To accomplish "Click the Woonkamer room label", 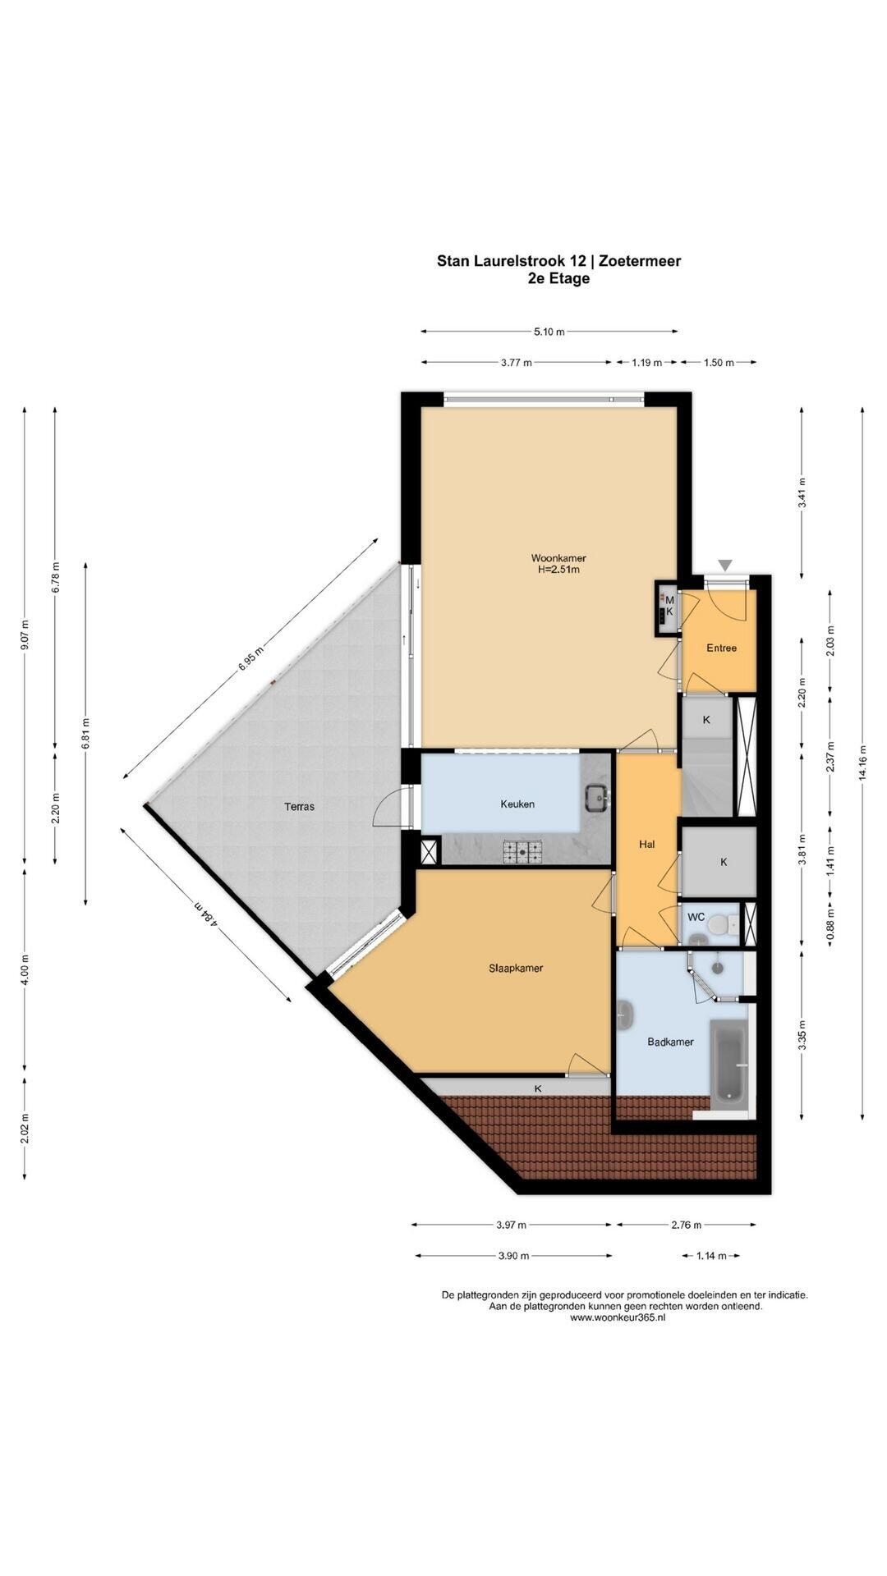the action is pyautogui.click(x=558, y=558).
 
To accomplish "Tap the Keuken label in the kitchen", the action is pyautogui.click(x=517, y=804).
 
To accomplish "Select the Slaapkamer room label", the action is pyautogui.click(x=516, y=968).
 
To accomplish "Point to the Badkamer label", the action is pyautogui.click(x=670, y=1042).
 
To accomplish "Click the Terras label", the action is pyautogui.click(x=299, y=806).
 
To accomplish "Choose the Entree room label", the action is pyautogui.click(x=721, y=648).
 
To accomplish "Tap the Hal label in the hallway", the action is pyautogui.click(x=647, y=844).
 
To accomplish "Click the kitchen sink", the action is pyautogui.click(x=595, y=795).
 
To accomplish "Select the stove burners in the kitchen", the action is pyautogui.click(x=523, y=852).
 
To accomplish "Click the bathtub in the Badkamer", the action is pyautogui.click(x=729, y=1062).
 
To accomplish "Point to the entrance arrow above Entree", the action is pyautogui.click(x=724, y=565).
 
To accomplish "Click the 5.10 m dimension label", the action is pyautogui.click(x=549, y=332).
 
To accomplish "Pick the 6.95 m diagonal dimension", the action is pyautogui.click(x=251, y=658).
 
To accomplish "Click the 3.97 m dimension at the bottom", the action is pyautogui.click(x=511, y=1225).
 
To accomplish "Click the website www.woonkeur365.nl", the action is pyautogui.click(x=618, y=1317).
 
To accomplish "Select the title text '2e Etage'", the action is pyautogui.click(x=558, y=278).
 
